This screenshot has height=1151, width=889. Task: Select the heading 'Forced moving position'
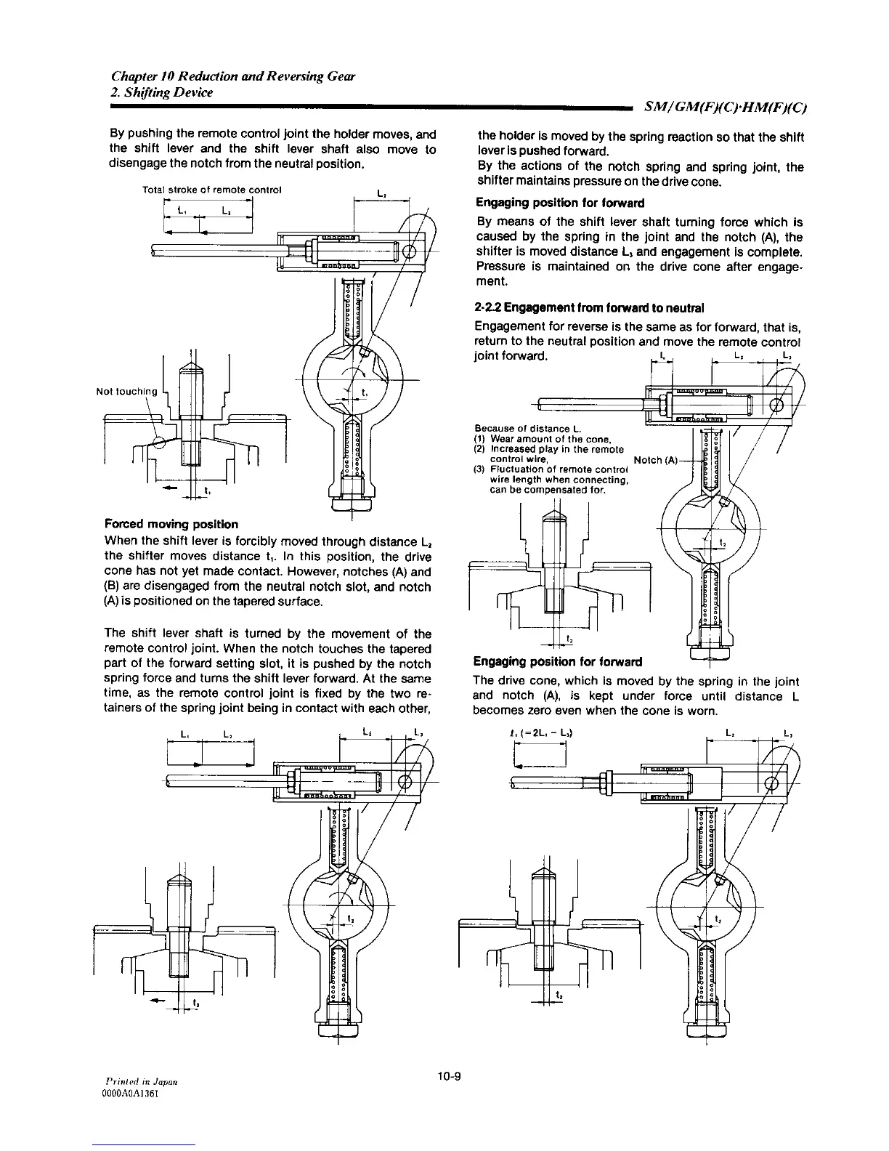coord(171,524)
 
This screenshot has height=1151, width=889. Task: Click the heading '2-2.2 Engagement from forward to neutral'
coord(589,307)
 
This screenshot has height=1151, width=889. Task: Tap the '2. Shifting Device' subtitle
coord(162,92)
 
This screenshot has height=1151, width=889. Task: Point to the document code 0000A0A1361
coord(138,1094)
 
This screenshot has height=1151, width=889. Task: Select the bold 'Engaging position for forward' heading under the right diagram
coord(558,662)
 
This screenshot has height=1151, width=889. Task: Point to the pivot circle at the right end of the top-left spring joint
coord(408,252)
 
